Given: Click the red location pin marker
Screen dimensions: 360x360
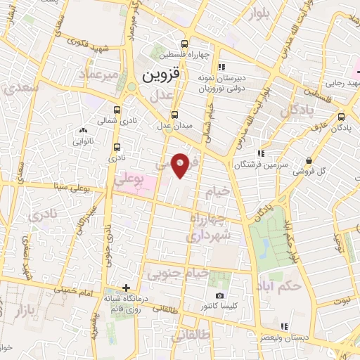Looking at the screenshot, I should [180, 164].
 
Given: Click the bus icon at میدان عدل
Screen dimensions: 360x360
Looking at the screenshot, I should [175, 115].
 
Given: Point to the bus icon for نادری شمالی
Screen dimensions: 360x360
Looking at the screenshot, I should [117, 110].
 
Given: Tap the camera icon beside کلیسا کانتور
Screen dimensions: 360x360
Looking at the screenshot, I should [219, 296].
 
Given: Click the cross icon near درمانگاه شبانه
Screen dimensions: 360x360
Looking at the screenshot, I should [126, 287].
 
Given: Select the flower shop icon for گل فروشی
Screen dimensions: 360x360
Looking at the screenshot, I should [310, 160].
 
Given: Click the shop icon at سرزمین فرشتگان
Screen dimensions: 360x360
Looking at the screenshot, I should [260, 153].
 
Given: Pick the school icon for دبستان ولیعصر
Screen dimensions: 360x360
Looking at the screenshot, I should [283, 326].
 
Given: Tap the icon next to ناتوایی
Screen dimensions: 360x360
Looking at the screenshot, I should [84, 130].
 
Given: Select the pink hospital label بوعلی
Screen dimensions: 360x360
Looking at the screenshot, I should [139, 181].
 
